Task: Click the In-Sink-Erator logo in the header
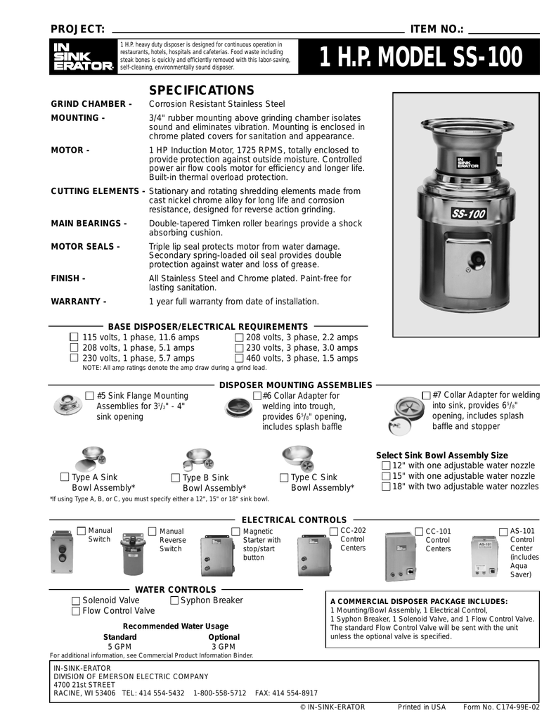click(x=83, y=57)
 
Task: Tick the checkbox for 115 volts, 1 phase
click(x=75, y=337)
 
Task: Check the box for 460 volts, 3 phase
click(x=239, y=358)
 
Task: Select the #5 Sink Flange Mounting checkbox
click(x=89, y=396)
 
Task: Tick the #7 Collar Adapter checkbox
click(x=426, y=395)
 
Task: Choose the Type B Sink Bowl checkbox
click(x=176, y=478)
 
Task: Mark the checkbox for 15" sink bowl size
click(x=385, y=476)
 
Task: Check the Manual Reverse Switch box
click(x=153, y=531)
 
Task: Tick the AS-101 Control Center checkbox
click(x=504, y=531)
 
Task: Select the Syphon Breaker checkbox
click(x=174, y=600)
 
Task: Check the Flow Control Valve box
click(x=76, y=611)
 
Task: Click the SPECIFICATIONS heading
click(x=202, y=91)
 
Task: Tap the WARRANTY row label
click(x=78, y=302)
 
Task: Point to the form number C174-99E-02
click(x=501, y=707)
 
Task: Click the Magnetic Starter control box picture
click(x=217, y=555)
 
